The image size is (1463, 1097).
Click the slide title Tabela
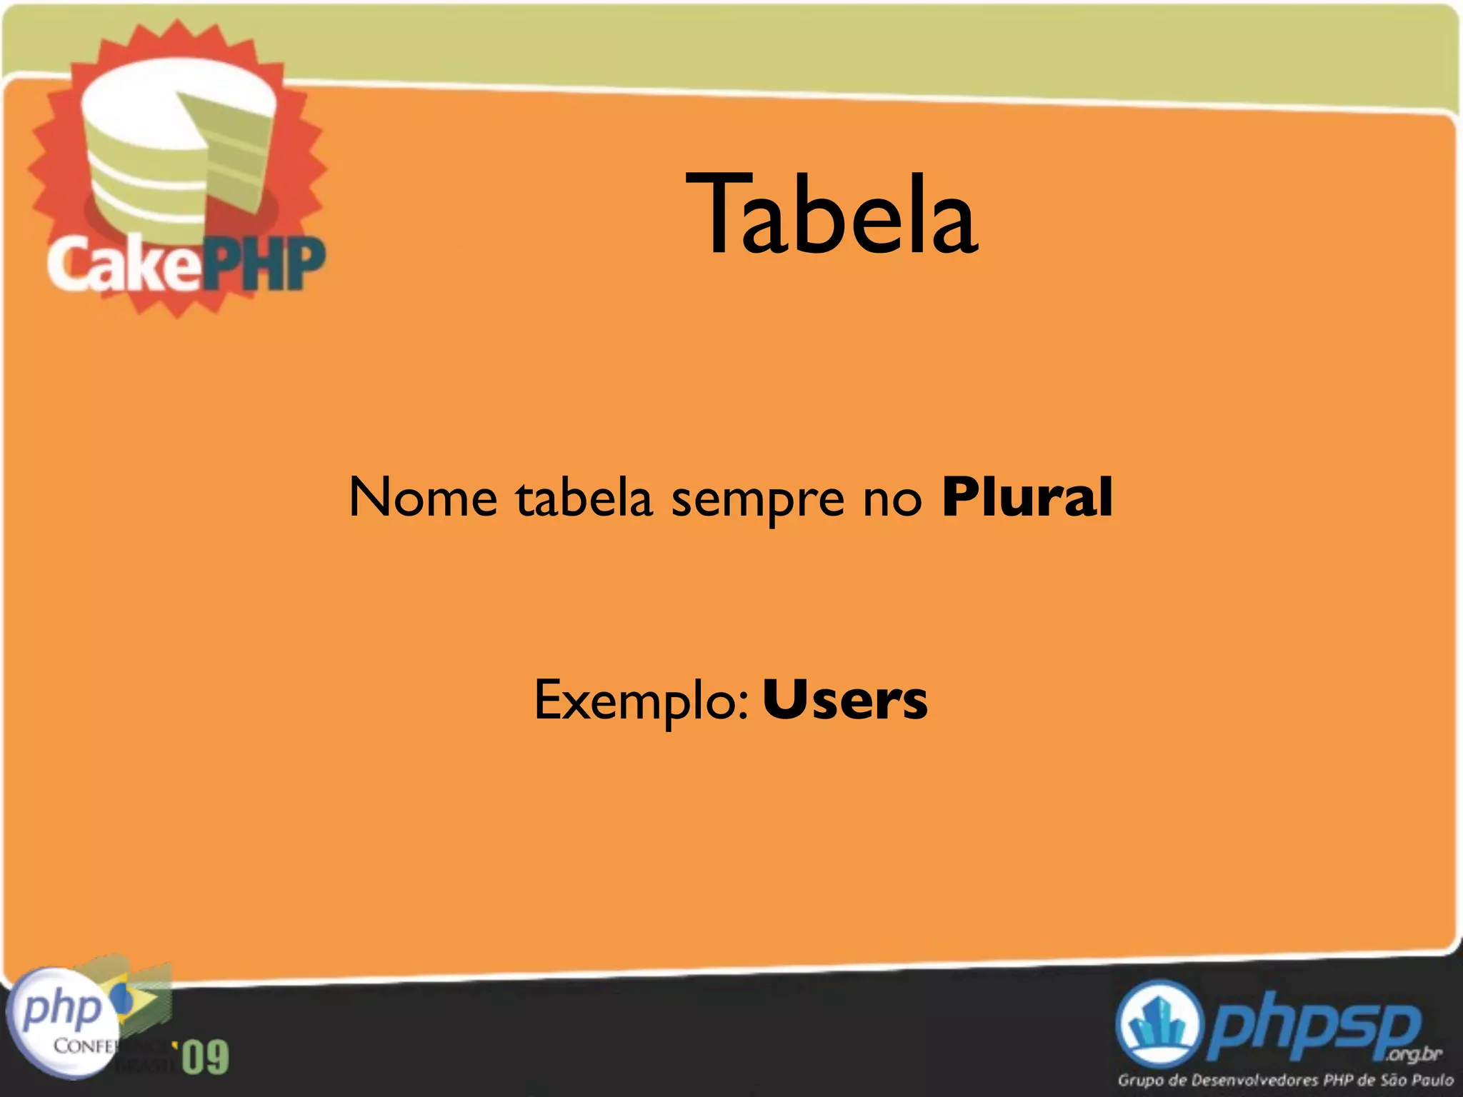832,214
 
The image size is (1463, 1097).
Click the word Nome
423,497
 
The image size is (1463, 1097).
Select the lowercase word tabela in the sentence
584,497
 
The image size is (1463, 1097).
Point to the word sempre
757,500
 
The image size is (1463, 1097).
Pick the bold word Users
845,700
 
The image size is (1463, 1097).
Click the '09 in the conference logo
204,1058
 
